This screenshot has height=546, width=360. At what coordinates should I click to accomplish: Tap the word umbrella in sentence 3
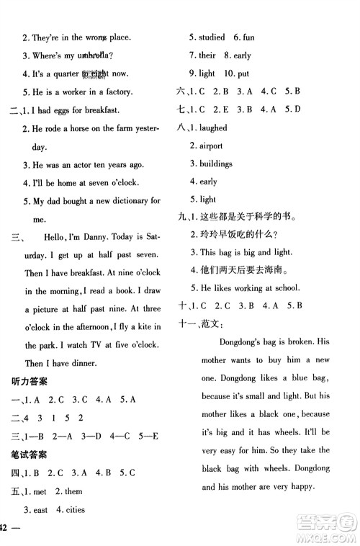95,55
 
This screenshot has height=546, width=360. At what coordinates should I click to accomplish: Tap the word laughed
212,127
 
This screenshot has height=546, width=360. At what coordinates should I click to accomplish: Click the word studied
210,37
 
